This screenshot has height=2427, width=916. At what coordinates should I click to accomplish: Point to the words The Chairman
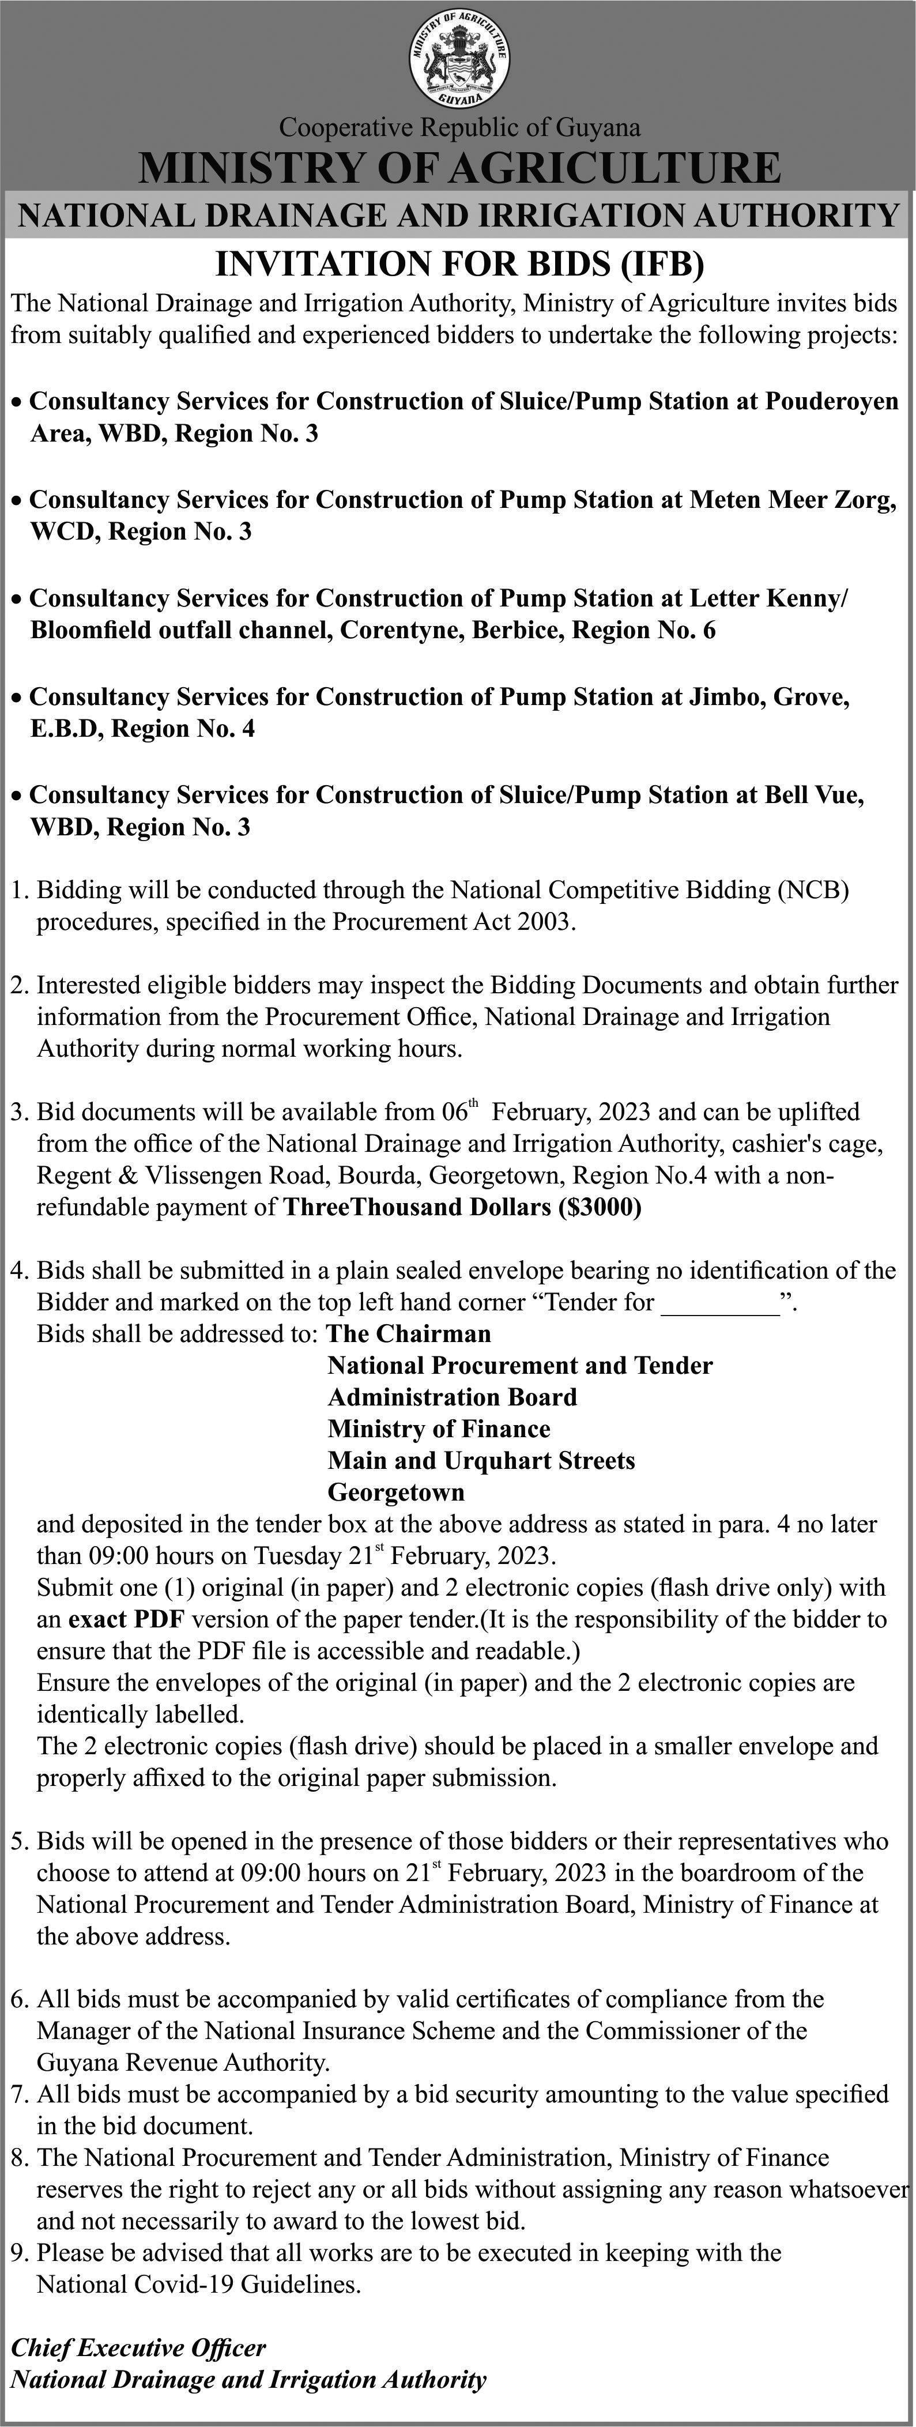[408, 1334]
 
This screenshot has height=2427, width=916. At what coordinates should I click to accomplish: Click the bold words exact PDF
[126, 1619]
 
